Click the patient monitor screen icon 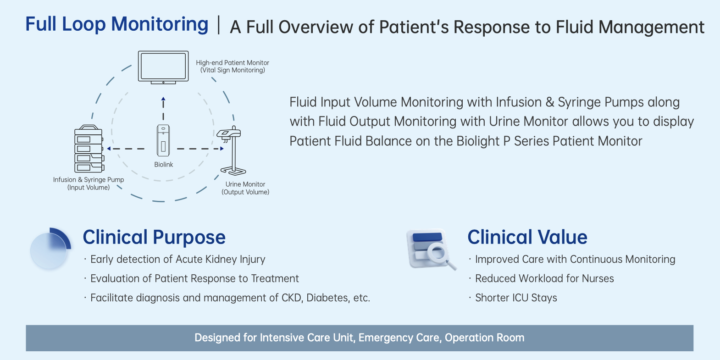coord(163,67)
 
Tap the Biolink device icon coord(163,140)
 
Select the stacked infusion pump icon coord(89,149)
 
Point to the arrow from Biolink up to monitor coord(163,108)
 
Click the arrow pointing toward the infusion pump coord(125,149)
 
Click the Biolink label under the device coord(163,165)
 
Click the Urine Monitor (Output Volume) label coord(245,188)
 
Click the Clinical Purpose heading coord(154,237)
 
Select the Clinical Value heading coord(527,237)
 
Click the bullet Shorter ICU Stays coord(516,298)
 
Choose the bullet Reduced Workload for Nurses coord(544,279)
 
